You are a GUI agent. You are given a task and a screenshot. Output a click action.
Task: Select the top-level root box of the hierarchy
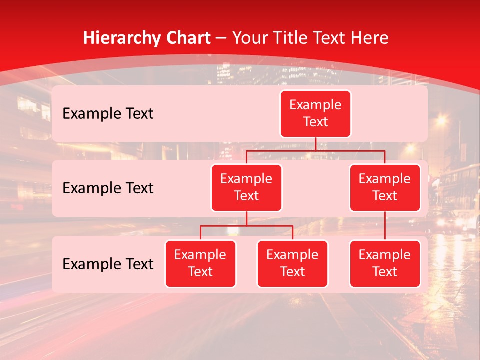(315, 114)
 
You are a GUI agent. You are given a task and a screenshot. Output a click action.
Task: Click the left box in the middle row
(246, 187)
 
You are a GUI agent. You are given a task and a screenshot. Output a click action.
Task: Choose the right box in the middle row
(385, 187)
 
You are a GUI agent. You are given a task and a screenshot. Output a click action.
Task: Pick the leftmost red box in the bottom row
(200, 263)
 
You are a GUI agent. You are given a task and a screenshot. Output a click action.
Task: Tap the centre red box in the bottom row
(292, 263)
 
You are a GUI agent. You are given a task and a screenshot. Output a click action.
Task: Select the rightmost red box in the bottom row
(385, 263)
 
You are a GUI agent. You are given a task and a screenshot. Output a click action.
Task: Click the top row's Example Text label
(108, 114)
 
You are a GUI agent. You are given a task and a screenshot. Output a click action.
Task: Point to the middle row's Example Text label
(108, 188)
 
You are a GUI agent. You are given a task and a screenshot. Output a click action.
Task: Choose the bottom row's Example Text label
(108, 264)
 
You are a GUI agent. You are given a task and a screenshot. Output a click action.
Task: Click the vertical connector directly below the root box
(315, 144)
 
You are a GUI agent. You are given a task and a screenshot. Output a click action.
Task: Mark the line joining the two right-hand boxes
(385, 226)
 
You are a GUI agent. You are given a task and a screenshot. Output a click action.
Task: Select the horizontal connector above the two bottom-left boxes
(246, 226)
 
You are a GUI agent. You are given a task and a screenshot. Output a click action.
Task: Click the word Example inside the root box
(315, 105)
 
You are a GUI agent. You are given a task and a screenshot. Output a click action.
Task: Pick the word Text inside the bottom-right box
(385, 272)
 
